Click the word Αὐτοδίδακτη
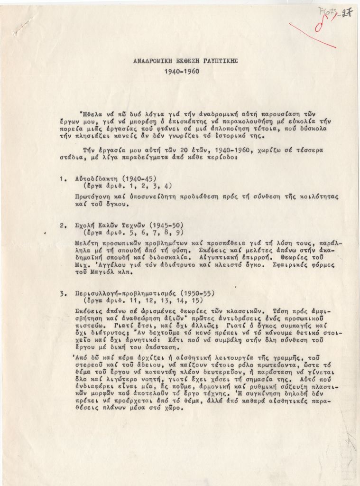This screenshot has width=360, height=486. pos(96,179)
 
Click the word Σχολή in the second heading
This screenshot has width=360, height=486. pos(86,225)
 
